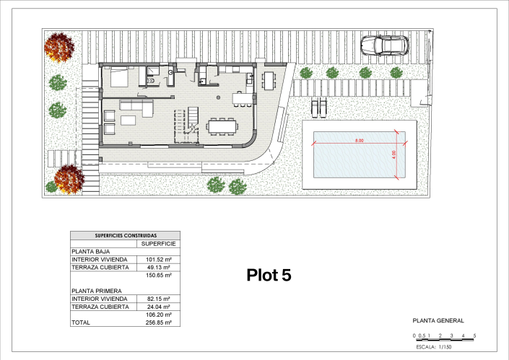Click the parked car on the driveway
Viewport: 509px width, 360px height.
click(x=385, y=45)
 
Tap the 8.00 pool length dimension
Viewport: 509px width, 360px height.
click(x=359, y=141)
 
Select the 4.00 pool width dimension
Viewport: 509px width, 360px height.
click(x=393, y=154)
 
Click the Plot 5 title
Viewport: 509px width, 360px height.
click(x=269, y=275)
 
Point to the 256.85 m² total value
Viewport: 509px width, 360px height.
click(x=158, y=322)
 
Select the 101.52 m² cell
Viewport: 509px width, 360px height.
click(x=158, y=260)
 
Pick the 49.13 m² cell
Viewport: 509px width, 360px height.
click(x=158, y=267)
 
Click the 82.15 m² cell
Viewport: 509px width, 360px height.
click(x=158, y=299)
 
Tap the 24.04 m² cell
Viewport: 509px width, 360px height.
click(x=158, y=307)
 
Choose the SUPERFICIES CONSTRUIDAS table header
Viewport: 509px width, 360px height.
click(x=126, y=235)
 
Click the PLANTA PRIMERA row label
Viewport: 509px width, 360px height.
click(x=97, y=291)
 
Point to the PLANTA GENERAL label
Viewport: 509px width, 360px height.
click(x=438, y=321)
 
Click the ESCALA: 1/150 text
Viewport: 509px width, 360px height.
click(x=434, y=347)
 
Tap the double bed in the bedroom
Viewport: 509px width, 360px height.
click(x=119, y=76)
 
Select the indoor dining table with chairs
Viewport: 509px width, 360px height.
click(x=222, y=126)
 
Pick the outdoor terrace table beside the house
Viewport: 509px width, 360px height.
click(x=269, y=81)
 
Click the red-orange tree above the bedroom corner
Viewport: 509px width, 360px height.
click(x=59, y=48)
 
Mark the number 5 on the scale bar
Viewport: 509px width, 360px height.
click(x=474, y=335)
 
